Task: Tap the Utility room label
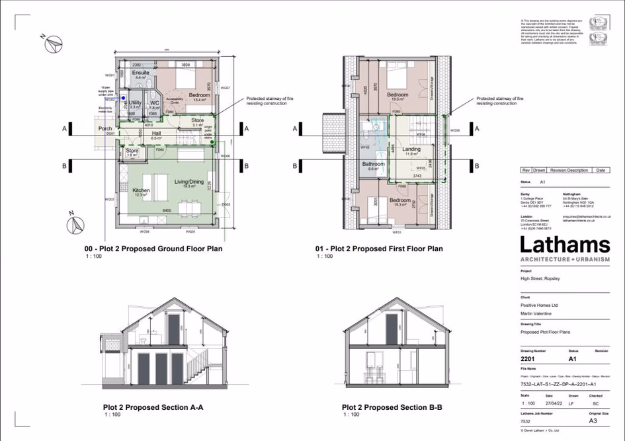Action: (134, 102)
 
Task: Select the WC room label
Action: (153, 102)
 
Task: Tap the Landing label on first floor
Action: (411, 149)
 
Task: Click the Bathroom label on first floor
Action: (373, 163)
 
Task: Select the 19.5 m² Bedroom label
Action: (397, 95)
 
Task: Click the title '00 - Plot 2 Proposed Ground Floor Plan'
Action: (153, 249)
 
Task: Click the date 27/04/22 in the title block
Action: (552, 403)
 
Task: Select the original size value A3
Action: (594, 421)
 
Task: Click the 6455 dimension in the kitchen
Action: (170, 210)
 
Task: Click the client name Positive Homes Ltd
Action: (540, 305)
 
